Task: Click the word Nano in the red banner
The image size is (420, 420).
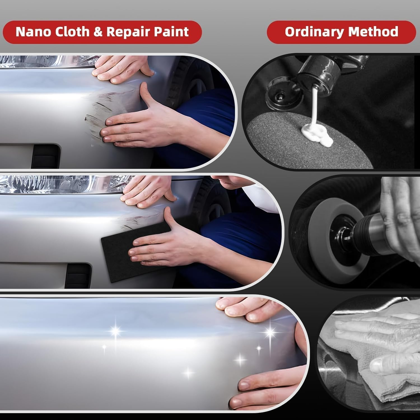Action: tap(33, 32)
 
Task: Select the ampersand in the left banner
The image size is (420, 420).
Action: tap(98, 32)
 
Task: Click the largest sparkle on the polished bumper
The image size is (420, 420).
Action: tap(115, 330)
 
